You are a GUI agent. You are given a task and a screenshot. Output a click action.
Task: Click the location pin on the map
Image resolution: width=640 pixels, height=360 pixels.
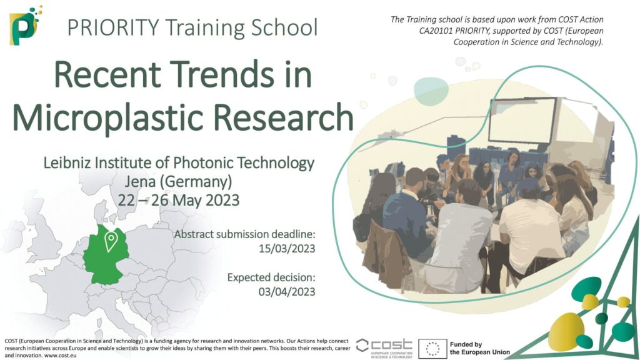click(x=111, y=241)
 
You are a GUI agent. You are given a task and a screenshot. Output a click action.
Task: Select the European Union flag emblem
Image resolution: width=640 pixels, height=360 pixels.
click(x=432, y=347)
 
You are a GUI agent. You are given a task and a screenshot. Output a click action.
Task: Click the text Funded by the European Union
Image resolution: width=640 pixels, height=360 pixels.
click(x=479, y=348)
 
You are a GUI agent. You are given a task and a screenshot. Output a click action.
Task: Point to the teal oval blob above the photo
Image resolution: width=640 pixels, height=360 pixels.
click(x=431, y=86)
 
